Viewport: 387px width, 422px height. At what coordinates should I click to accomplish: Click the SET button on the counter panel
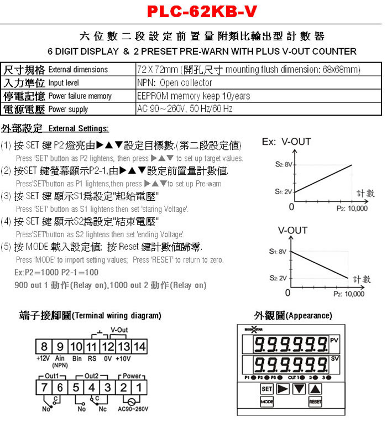(267, 388)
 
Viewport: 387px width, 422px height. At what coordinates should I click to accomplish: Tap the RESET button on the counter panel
(315, 401)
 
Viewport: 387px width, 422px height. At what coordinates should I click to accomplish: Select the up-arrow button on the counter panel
(315, 388)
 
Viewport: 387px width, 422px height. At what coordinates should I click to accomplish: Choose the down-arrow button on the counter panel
(299, 388)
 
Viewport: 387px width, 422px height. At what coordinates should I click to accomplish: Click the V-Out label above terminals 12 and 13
(119, 330)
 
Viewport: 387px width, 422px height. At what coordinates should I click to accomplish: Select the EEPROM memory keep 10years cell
(193, 96)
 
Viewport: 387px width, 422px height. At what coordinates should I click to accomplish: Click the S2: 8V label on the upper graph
(285, 164)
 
